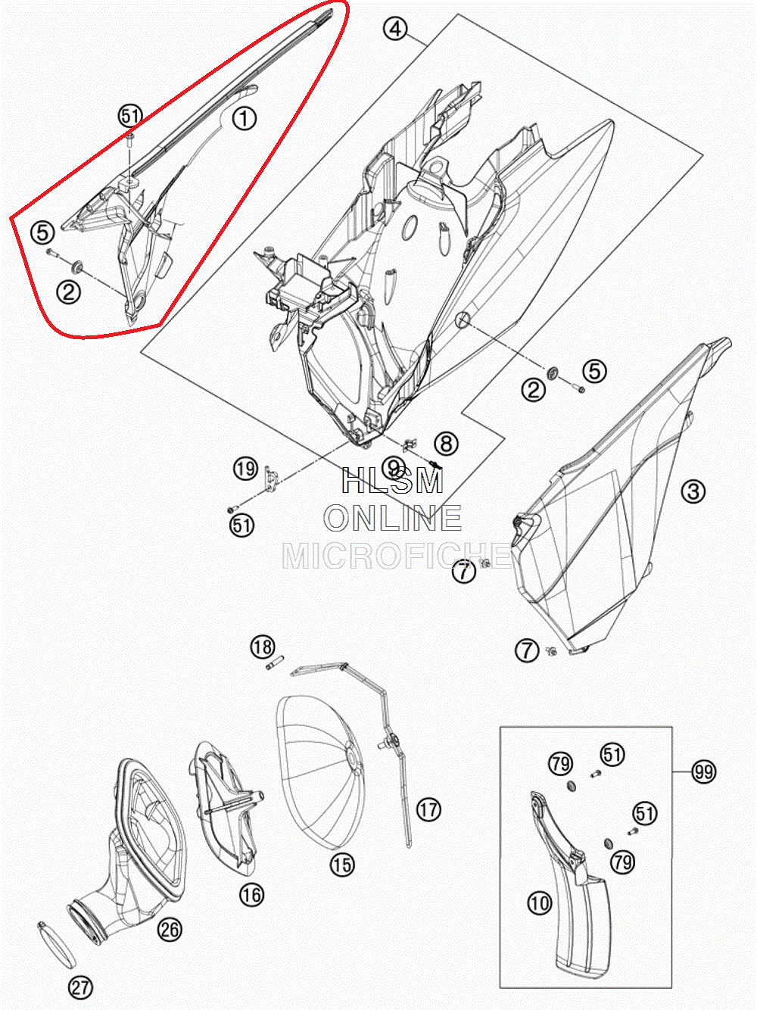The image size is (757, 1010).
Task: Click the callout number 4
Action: pos(395,30)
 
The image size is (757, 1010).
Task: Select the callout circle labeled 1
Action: pos(244,118)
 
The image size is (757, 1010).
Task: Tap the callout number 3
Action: pos(693,491)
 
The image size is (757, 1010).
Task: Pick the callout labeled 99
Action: pos(703,772)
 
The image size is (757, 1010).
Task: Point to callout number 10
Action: pos(540,902)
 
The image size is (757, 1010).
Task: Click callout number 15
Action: pos(342,864)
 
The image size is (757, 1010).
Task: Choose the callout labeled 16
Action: pos(251,895)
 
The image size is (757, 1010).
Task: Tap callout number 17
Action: pos(428,809)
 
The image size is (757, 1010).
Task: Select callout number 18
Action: pos(263,647)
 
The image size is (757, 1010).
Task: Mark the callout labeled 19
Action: pos(245,469)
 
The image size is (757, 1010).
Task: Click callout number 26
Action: pos(170,929)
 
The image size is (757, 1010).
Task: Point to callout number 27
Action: pos(80,987)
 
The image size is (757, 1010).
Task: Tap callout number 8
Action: pos(446,443)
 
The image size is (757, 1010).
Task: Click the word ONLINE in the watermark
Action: pos(393,519)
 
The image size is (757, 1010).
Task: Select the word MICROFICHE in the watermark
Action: pos(396,556)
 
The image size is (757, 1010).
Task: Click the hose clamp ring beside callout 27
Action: pos(55,944)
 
